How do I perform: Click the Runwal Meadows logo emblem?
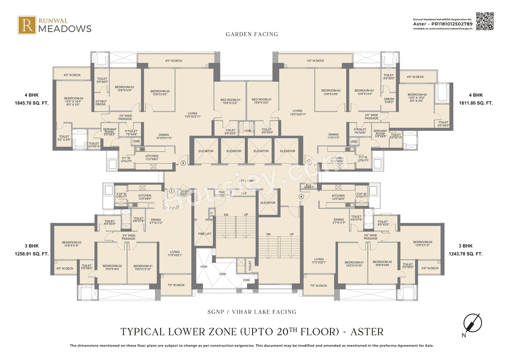pos(27,25)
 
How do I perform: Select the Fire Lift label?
pos(204,234)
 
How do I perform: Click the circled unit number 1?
pos(171,191)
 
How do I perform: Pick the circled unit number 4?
pos(301,196)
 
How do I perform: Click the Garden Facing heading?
pos(252,34)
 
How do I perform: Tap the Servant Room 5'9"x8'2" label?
pos(110,131)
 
